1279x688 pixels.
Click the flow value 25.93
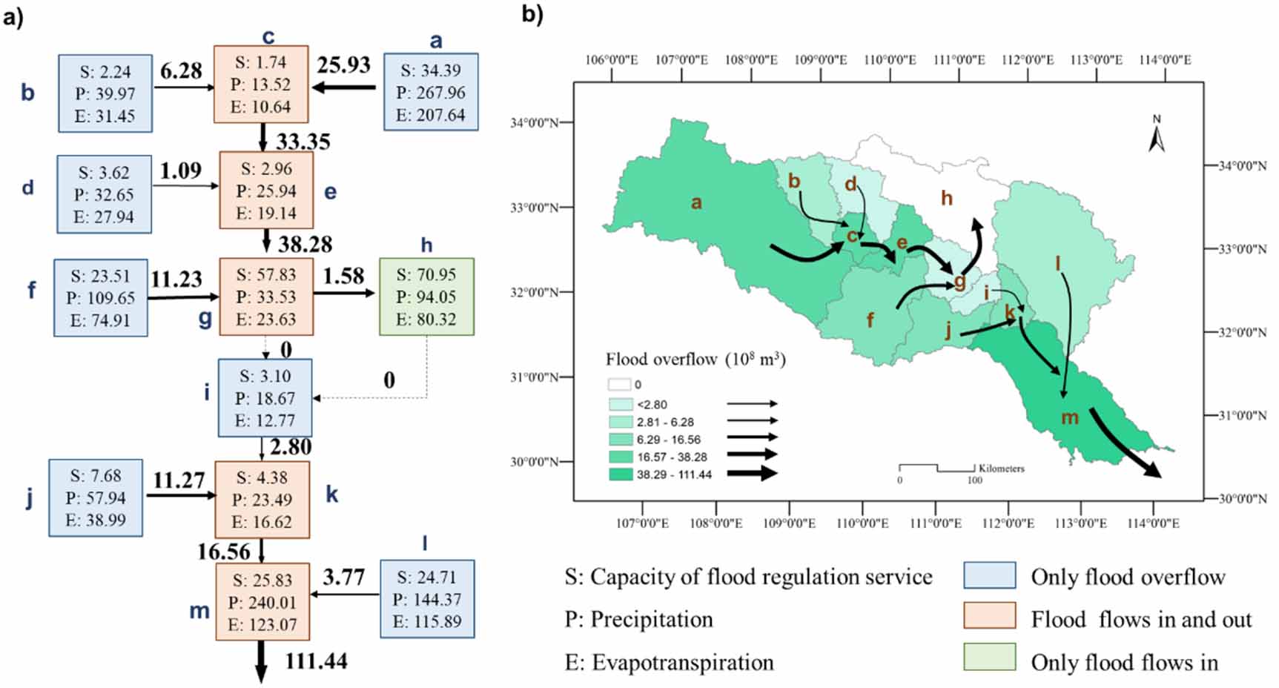tap(343, 65)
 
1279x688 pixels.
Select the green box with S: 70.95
tap(426, 297)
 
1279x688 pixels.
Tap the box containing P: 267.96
tap(431, 92)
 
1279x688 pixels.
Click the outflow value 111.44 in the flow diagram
tap(316, 660)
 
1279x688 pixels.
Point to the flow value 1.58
tap(343, 276)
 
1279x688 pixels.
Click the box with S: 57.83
tap(266, 297)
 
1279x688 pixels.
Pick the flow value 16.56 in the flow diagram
tap(224, 552)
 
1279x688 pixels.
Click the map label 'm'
tap(1069, 417)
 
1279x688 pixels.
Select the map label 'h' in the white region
tap(946, 198)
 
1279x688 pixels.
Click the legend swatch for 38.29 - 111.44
tap(621, 474)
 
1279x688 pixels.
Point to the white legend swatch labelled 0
tap(620, 385)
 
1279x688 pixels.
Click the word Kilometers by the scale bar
tap(1001, 469)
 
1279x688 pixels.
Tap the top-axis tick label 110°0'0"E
tap(890, 60)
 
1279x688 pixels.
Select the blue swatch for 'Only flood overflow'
tap(989, 576)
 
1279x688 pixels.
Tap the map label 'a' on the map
tap(695, 202)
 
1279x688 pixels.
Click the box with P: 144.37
tap(427, 599)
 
